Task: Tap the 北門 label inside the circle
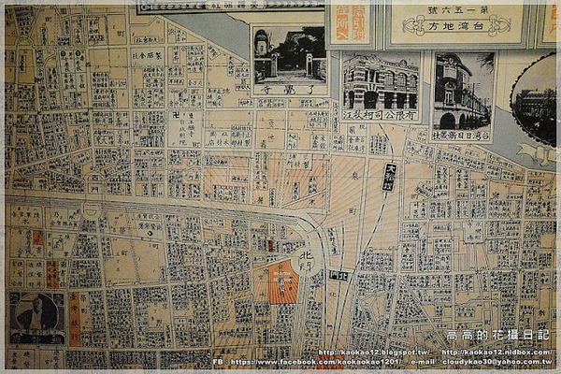click(305, 256)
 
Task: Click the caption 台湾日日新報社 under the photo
click(464, 134)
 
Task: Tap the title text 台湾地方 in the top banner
click(458, 25)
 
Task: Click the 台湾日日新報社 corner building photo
click(464, 90)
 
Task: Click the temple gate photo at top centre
click(290, 54)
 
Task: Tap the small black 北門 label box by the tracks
click(339, 275)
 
